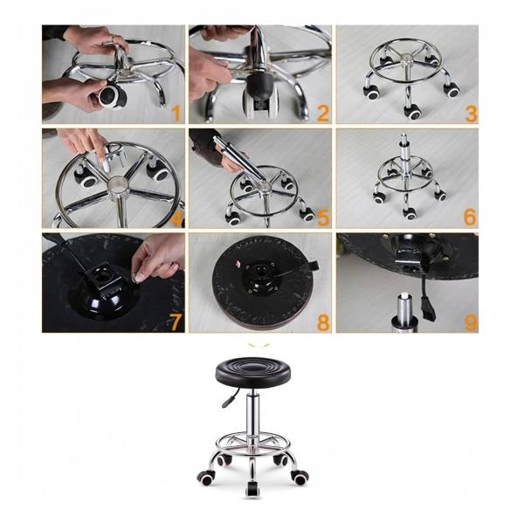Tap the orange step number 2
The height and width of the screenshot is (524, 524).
tap(322, 114)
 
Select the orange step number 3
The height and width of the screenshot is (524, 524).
tap(470, 114)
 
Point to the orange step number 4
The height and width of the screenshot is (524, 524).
tap(176, 217)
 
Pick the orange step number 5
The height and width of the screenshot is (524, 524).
tap(322, 217)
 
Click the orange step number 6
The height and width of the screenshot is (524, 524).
tap(470, 217)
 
